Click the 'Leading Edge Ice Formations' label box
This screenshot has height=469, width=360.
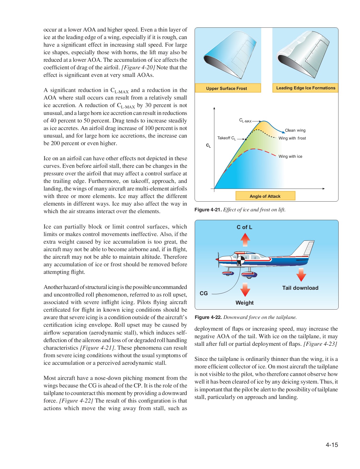tap(305, 88)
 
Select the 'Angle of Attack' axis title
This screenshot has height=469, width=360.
tap(265, 196)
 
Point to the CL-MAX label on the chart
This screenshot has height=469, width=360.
tap(245, 121)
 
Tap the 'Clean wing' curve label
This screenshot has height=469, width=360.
tap(295, 130)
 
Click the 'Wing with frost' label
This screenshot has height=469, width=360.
tap(292, 138)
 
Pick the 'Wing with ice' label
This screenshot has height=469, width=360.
tap(290, 156)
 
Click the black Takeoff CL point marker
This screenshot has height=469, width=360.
tap(246, 139)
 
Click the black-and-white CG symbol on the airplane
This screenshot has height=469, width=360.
tap(241, 260)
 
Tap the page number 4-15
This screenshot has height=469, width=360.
tap(332, 445)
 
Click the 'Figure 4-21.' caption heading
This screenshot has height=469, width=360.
tap(208, 210)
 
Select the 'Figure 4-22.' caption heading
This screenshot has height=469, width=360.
tap(208, 317)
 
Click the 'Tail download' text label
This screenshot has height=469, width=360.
tap(300, 288)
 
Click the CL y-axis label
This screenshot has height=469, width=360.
tap(208, 146)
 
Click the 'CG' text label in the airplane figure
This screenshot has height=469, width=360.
tap(204, 293)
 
